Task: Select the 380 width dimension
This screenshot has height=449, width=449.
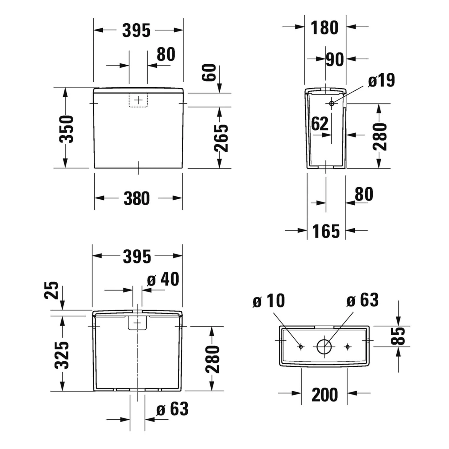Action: pos(136,199)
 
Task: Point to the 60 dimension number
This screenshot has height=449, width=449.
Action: pos(209,72)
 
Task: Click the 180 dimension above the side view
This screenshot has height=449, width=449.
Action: pos(324,28)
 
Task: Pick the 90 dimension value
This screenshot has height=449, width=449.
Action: pos(335,59)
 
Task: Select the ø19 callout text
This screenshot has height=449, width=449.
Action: pos(382,80)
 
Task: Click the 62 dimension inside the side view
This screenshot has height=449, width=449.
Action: pos(320,124)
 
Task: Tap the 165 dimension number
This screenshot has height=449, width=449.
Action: pos(326,231)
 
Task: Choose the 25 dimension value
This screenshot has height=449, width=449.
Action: pos(51,290)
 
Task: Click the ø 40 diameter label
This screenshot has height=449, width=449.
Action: pos(163,279)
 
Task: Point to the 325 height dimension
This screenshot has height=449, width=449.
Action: pos(62,355)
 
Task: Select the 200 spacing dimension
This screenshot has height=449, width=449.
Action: pos(324,395)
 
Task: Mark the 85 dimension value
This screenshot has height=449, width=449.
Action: pos(399,336)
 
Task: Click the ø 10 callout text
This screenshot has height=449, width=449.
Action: pos(269,301)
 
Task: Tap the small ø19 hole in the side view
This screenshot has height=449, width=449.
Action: pos(332,103)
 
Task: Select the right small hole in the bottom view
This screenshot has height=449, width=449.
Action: pos(347,347)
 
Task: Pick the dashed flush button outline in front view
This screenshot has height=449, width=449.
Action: pos(138,100)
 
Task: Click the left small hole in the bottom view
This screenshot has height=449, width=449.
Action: pos(301,347)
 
